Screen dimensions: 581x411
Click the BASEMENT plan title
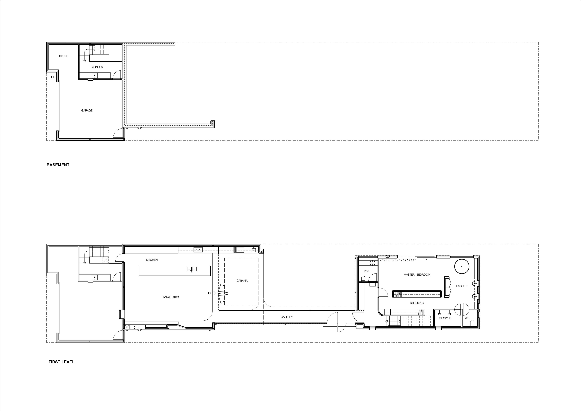pyautogui.click(x=58, y=165)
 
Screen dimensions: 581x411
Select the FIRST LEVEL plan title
pyautogui.click(x=61, y=362)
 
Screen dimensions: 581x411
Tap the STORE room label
pyautogui.click(x=63, y=56)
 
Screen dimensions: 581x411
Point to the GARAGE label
pyautogui.click(x=87, y=111)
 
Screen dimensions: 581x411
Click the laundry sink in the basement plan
pyautogui.click(x=95, y=75)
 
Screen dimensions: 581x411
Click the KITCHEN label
pyautogui.click(x=152, y=260)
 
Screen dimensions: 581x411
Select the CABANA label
pyautogui.click(x=242, y=281)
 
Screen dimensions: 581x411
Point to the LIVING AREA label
pyautogui.click(x=171, y=297)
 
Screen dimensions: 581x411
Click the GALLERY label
pyautogui.click(x=287, y=317)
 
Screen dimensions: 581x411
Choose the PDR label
pyautogui.click(x=367, y=271)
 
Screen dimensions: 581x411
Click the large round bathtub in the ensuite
pyautogui.click(x=462, y=266)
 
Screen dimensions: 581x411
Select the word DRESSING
pyautogui.click(x=417, y=303)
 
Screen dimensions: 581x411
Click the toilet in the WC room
pyautogui.click(x=472, y=323)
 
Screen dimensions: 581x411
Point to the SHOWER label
pyautogui.click(x=445, y=318)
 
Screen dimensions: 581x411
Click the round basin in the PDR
pyautogui.click(x=372, y=263)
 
